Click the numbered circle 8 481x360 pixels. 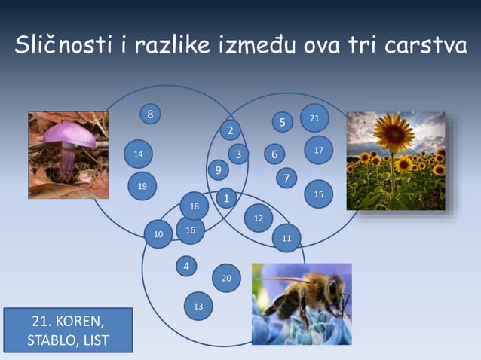click(151, 114)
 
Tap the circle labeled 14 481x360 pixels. click(138, 154)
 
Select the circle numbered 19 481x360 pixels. click(142, 185)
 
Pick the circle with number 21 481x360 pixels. click(314, 118)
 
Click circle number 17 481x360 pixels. click(318, 151)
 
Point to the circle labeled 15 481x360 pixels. click(318, 194)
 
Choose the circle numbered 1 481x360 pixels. click(226, 198)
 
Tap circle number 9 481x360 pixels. click(218, 171)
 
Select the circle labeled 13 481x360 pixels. click(198, 306)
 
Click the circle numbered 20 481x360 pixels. click(226, 278)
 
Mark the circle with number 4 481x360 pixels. click(185, 266)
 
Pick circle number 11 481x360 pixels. click(286, 238)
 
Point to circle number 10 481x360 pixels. click(158, 234)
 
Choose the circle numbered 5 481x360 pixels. click(282, 121)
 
